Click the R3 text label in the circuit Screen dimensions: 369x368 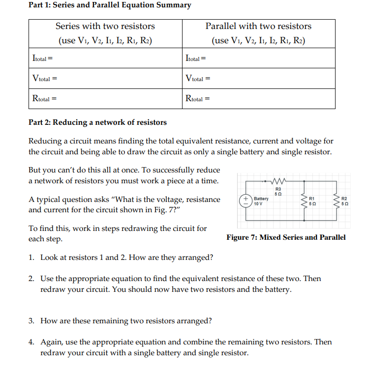coord(277,188)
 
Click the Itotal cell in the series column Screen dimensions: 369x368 coord(105,58)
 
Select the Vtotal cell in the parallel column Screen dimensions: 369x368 coord(259,78)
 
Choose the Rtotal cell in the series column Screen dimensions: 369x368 coord(105,98)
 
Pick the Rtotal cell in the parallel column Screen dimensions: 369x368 coord(259,98)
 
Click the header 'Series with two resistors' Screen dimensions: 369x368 coord(105,27)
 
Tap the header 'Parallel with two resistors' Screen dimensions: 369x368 coord(258,27)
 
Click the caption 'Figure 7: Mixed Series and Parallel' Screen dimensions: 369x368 coord(286,237)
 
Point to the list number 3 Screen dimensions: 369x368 coord(31,321)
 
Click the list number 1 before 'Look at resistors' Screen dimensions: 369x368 coord(31,257)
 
